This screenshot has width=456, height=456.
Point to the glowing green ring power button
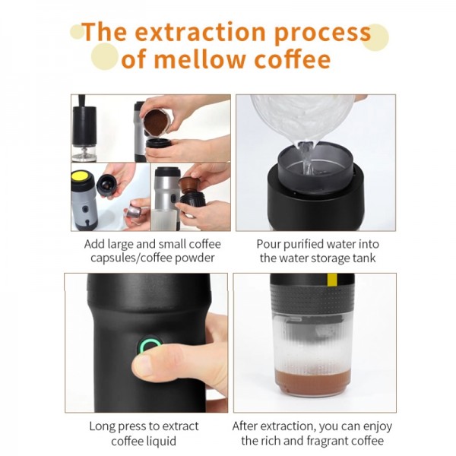[147, 347]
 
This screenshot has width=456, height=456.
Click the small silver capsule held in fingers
[133, 211]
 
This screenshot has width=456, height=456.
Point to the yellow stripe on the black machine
[331, 283]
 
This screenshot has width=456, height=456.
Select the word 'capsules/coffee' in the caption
[124, 258]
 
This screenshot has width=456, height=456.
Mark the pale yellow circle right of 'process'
[375, 36]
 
